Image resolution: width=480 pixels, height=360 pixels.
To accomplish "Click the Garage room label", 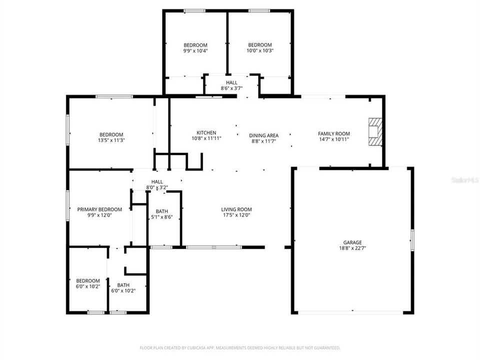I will tap(352, 242).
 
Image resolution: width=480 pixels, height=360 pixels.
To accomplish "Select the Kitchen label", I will tap(206, 133).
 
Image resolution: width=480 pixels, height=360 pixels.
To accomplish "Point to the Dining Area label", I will tap(263, 135).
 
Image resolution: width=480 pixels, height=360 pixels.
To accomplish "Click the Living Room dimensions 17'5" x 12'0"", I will tap(236, 215).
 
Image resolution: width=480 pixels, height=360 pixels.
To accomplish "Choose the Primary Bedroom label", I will tap(99, 209).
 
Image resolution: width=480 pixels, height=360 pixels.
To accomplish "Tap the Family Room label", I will tap(333, 133).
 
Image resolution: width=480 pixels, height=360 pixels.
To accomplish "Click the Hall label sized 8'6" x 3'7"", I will tap(231, 82).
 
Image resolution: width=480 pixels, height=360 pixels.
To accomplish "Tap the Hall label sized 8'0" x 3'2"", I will tap(157, 182).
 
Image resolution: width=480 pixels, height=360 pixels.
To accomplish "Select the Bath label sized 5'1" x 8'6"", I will tap(161, 211).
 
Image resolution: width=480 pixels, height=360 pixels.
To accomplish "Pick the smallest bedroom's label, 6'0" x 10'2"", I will tap(87, 281).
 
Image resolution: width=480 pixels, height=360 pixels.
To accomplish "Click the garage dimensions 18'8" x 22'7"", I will tap(352, 248).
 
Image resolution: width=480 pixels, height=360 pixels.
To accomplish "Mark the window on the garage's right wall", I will tap(412, 240).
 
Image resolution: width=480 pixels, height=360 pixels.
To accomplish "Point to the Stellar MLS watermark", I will tap(464, 178).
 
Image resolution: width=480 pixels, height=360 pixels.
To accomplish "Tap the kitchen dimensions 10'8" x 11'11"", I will tap(206, 138).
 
